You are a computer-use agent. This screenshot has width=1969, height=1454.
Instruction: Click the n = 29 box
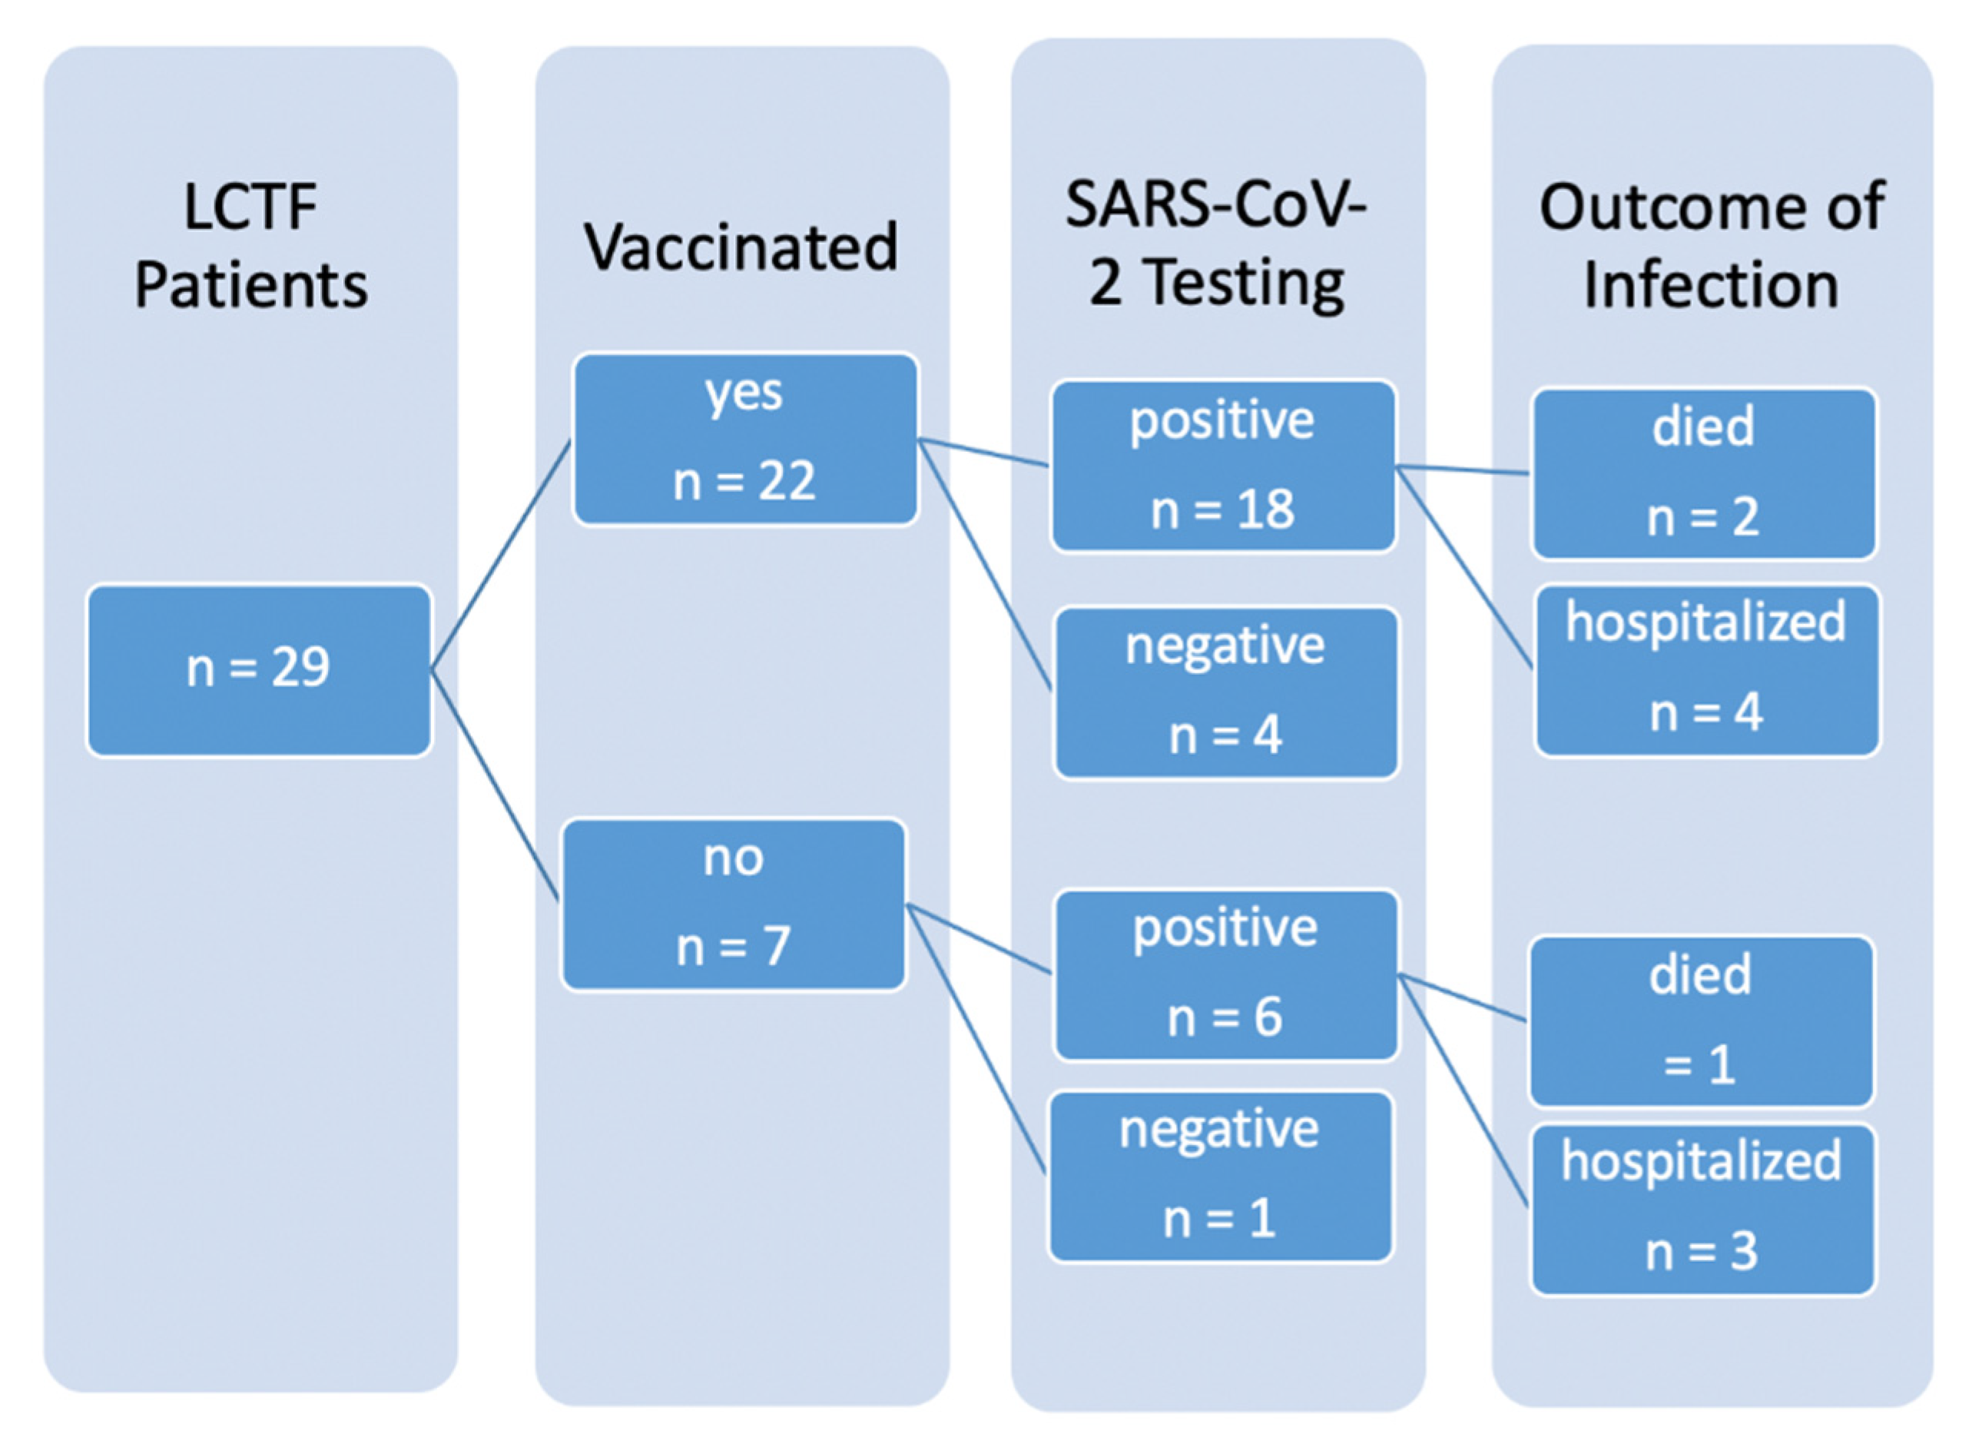point(259,671)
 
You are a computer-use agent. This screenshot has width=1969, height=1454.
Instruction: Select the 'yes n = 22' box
point(744,439)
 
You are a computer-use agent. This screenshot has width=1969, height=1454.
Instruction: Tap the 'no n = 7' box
point(733,904)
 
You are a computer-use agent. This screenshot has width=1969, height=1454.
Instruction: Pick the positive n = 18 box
point(1223,466)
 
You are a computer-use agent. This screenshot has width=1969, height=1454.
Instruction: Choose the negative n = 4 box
point(1225,692)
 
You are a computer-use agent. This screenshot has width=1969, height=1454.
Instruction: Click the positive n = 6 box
point(1225,974)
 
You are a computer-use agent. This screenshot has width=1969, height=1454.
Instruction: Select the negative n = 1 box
point(1219,1176)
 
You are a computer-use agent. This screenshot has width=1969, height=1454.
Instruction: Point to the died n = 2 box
point(1703,473)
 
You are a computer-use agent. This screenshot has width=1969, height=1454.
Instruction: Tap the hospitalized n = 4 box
point(1706,671)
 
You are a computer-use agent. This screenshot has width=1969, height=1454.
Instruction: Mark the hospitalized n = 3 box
point(1702,1210)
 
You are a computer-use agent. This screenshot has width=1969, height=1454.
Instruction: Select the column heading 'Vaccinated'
point(741,247)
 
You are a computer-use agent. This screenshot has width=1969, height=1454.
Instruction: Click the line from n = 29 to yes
point(499,556)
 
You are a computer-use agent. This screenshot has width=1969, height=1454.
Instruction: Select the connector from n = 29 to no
point(495,785)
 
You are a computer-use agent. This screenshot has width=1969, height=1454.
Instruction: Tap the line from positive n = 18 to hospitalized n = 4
point(1464,569)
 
